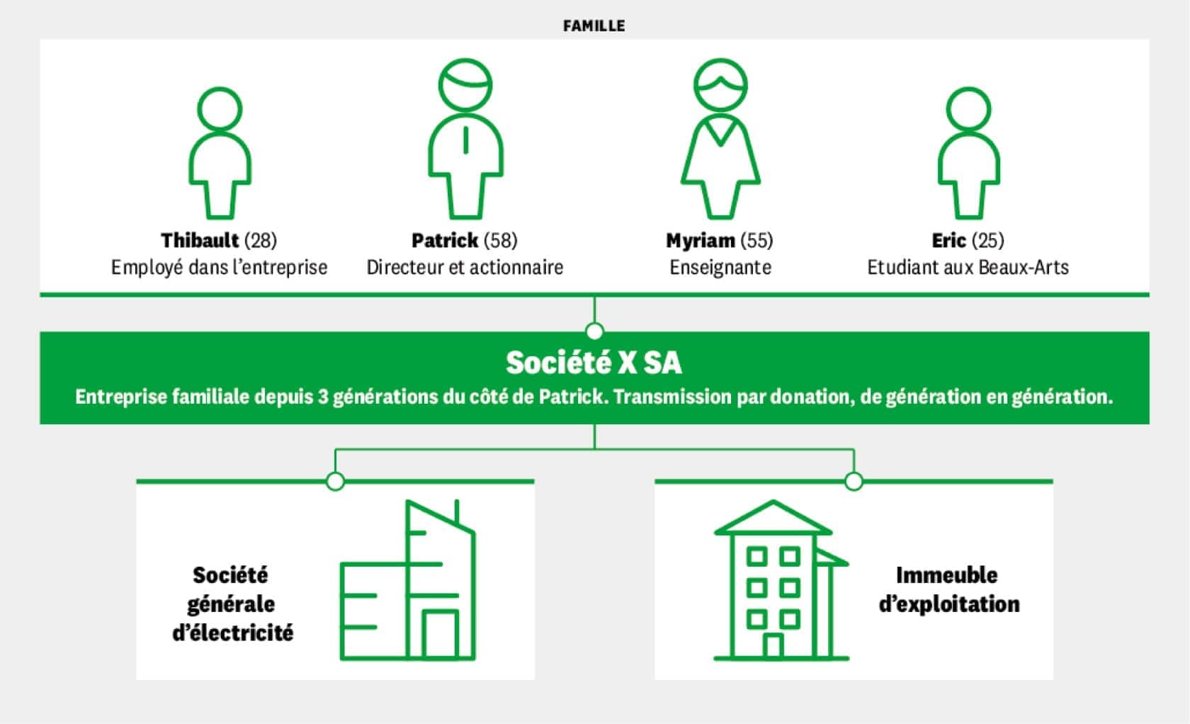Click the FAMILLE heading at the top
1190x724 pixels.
click(594, 26)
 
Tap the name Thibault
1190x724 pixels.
click(200, 241)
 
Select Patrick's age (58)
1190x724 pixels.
click(500, 241)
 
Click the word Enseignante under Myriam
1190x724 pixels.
click(720, 268)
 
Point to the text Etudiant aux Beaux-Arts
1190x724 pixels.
click(968, 268)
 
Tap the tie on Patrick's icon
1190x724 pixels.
click(465, 139)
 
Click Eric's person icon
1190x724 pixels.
click(968, 152)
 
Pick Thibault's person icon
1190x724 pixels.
click(219, 152)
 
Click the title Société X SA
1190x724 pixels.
click(594, 363)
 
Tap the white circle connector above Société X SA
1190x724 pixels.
click(594, 331)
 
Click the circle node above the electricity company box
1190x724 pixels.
click(335, 481)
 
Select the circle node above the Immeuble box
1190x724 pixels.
click(854, 481)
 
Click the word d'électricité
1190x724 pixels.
click(232, 633)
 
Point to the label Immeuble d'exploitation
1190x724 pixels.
click(948, 589)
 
